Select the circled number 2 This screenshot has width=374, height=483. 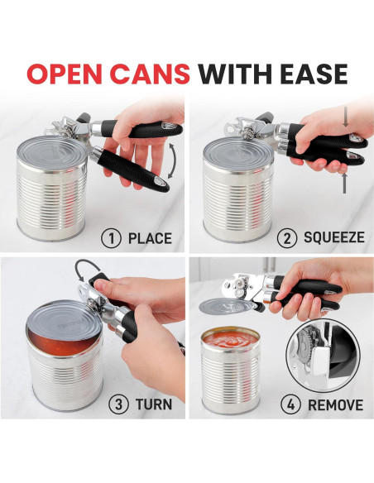[x=288, y=238]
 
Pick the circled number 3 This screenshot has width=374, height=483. [x=119, y=404]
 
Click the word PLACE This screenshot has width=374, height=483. [x=150, y=238]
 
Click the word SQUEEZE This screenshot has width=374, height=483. [x=333, y=238]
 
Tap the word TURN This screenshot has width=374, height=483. [x=155, y=404]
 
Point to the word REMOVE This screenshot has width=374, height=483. [x=335, y=404]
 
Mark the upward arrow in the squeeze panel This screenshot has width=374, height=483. [x=344, y=182]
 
